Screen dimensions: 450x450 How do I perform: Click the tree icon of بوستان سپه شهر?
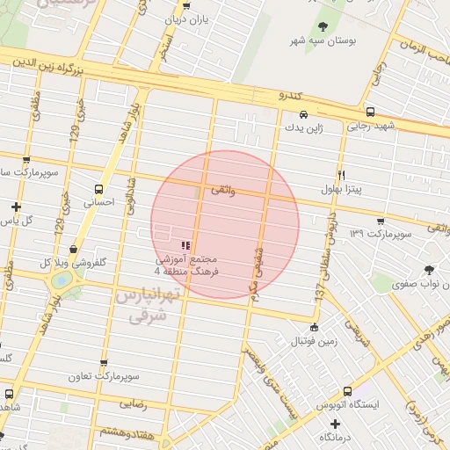323,26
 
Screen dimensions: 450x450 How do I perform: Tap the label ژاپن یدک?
302,127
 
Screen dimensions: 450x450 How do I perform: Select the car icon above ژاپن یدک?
303,114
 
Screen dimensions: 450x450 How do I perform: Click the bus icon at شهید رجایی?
371,112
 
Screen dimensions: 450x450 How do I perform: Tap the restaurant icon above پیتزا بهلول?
342,174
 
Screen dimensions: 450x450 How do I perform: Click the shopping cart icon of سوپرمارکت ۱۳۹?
380,221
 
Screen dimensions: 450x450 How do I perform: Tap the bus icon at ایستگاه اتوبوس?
347,390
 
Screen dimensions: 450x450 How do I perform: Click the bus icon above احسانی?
98,188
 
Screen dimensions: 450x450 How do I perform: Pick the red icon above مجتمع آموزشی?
185,245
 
